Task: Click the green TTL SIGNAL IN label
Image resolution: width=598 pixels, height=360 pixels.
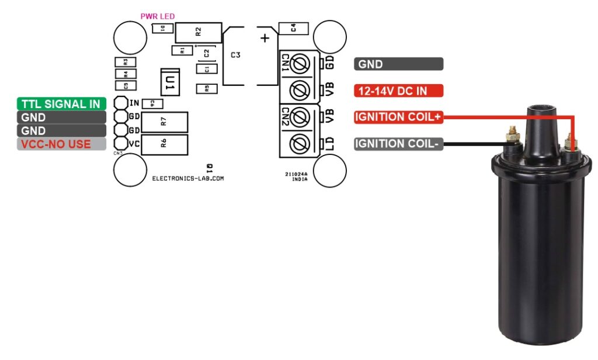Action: [61, 104]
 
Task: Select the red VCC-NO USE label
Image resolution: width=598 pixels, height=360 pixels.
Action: [61, 144]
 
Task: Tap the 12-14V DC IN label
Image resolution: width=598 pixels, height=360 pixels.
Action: [398, 91]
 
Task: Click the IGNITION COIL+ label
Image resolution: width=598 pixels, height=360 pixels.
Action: [398, 117]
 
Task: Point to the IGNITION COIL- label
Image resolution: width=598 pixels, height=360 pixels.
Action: [398, 144]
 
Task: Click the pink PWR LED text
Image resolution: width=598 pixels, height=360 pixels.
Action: [157, 16]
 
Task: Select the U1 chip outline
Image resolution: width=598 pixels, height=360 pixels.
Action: [170, 82]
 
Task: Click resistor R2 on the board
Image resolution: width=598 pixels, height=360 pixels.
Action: [199, 32]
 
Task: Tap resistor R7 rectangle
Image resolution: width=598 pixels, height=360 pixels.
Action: [165, 122]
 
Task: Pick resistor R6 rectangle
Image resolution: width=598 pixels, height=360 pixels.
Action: [165, 144]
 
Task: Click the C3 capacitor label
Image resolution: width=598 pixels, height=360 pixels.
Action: [235, 55]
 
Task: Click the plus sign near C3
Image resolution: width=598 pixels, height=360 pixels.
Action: [265, 39]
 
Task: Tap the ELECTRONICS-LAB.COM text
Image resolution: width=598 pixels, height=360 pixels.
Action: [187, 179]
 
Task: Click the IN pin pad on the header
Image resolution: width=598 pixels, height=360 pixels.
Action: [121, 103]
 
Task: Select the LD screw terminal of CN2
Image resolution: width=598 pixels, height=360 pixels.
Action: [300, 143]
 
